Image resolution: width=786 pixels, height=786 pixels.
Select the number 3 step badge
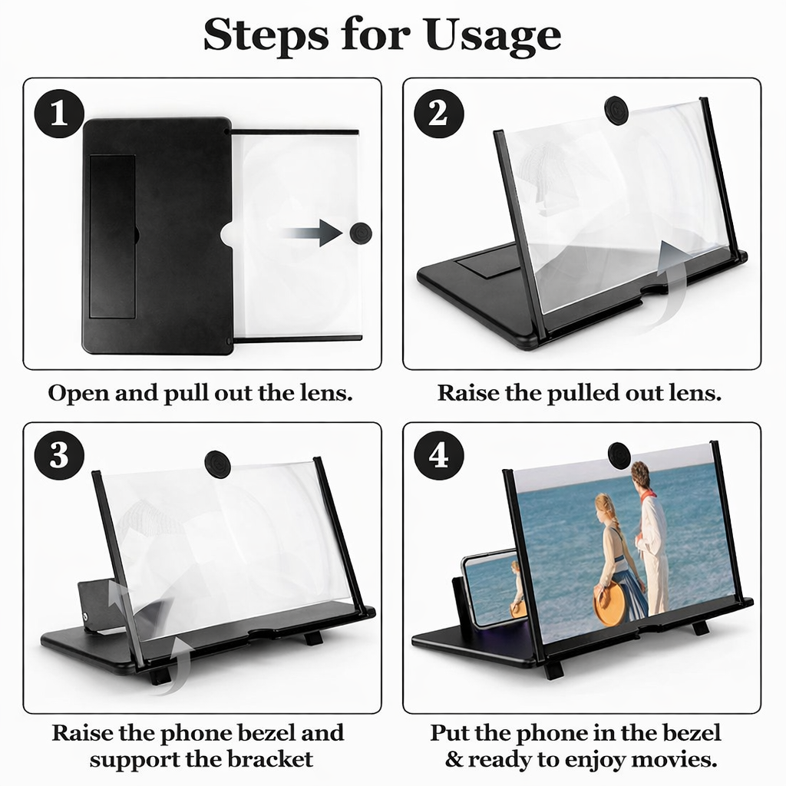click(58, 455)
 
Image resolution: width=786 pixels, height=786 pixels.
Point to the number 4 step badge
click(438, 455)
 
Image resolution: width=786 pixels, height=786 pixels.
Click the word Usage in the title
click(492, 35)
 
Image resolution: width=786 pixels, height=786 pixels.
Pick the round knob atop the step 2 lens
click(616, 110)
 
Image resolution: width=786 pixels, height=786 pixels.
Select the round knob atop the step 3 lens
click(217, 464)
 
